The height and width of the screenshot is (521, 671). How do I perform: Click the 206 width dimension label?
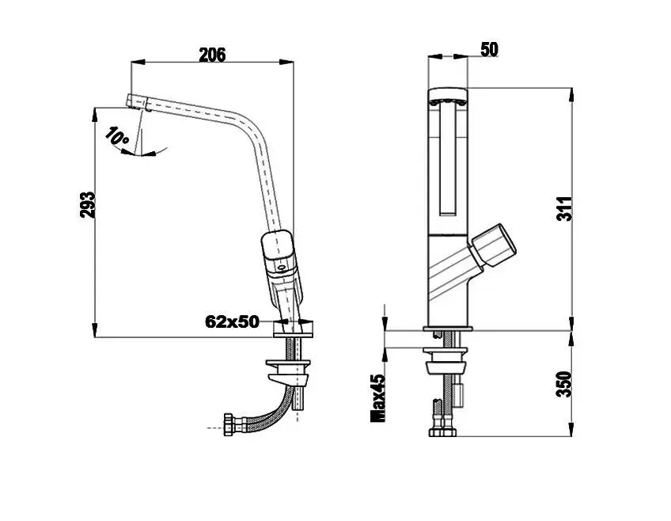212,55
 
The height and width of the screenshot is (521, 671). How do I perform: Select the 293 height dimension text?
87,204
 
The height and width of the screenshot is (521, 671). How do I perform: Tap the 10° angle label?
116,135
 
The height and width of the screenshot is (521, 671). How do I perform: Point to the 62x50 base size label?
232,321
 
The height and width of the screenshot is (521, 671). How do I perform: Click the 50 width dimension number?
489,49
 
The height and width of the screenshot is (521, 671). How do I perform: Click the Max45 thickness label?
378,398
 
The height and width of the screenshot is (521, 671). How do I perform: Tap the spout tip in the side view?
138,103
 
